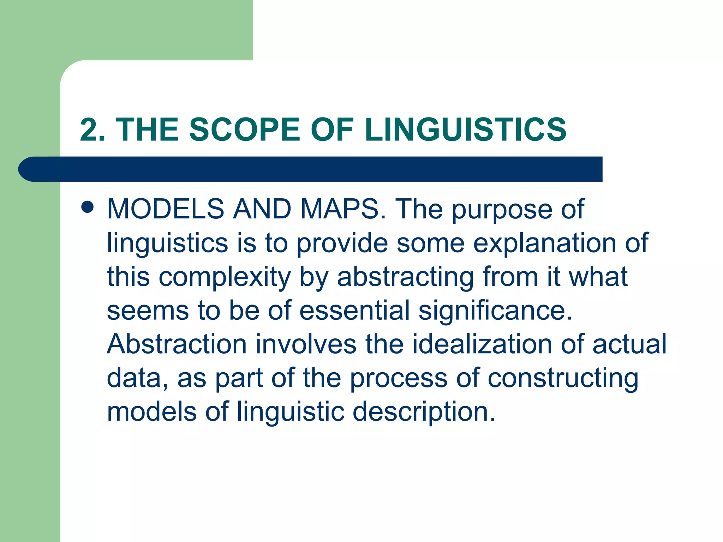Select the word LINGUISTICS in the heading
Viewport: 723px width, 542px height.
coord(465,130)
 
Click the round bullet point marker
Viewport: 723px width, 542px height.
coord(87,207)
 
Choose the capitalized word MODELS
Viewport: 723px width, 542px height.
coord(166,209)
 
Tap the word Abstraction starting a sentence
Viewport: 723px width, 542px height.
coord(177,344)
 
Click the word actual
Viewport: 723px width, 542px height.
coord(629,344)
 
